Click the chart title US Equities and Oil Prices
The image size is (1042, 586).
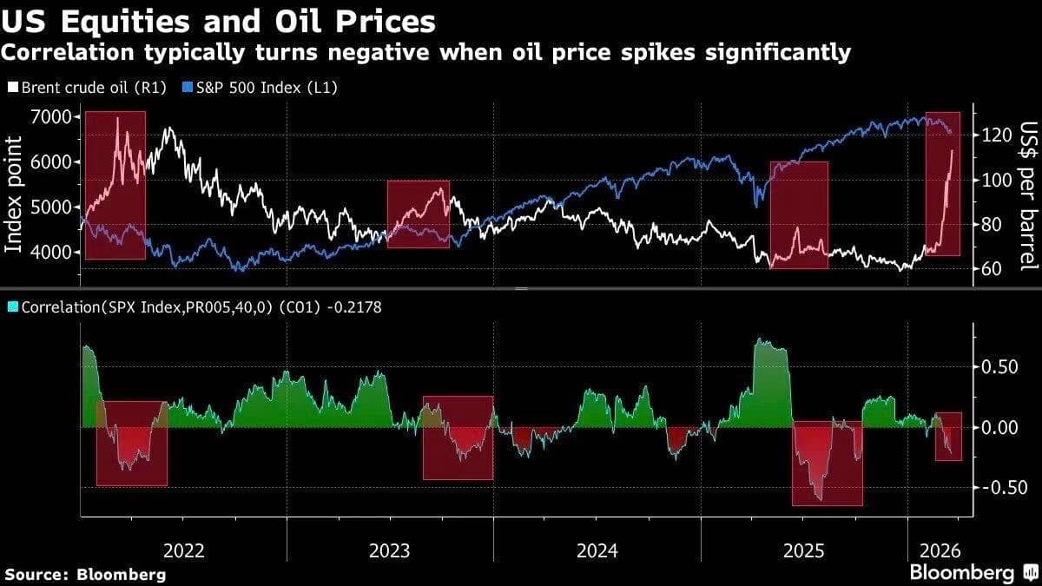click(217, 19)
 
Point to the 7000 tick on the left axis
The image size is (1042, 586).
click(54, 116)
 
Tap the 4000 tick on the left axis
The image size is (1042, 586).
click(54, 252)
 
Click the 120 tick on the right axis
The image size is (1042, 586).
click(993, 135)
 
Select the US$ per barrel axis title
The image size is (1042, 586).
click(1028, 195)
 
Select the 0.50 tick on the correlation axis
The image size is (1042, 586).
click(999, 366)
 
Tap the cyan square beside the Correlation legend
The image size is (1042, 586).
click(12, 306)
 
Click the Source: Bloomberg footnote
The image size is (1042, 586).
click(85, 574)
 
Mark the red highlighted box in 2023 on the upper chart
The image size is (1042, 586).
click(418, 214)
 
